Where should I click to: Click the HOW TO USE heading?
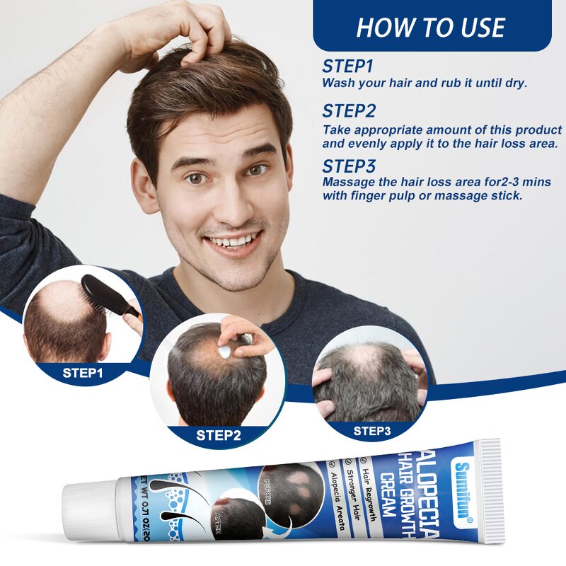(431, 27)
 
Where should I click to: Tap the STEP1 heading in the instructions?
(347, 67)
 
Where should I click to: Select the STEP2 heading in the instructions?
(350, 111)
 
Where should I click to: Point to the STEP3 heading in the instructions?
(350, 166)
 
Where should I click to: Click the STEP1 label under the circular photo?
(83, 372)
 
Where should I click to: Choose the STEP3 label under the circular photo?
(371, 429)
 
